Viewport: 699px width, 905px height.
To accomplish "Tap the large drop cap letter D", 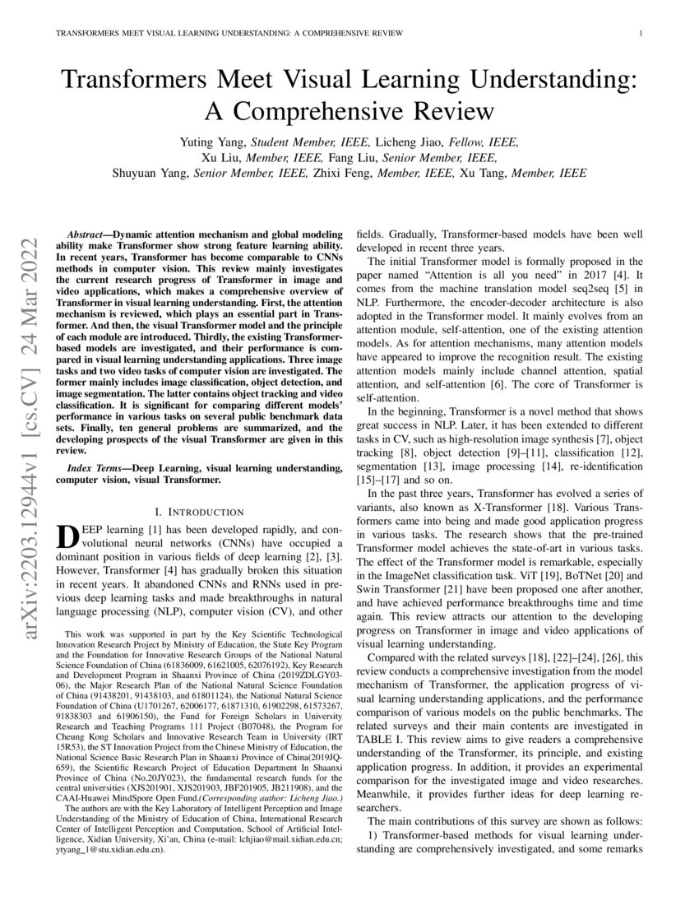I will click(67, 537).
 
